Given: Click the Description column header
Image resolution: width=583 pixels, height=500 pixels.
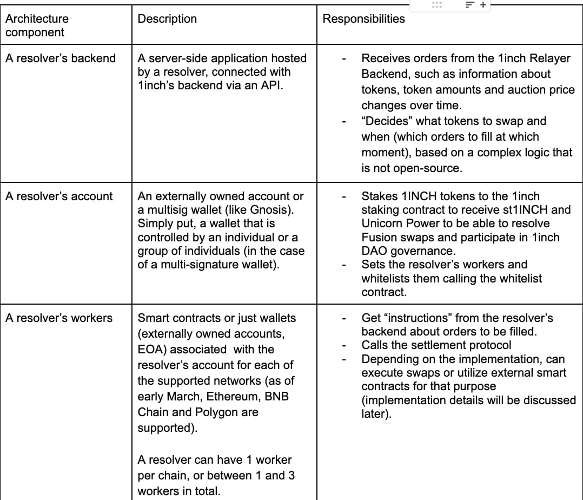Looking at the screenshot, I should [x=167, y=19].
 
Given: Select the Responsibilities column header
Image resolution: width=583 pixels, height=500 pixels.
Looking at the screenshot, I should [x=363, y=19].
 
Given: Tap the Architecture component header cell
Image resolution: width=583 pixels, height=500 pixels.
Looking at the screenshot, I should [x=37, y=25].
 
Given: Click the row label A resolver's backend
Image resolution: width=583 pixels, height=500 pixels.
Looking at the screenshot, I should [x=60, y=58].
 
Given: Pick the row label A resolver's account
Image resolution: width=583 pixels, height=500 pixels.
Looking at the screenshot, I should [x=59, y=196].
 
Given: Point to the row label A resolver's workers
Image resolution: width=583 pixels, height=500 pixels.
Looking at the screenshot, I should [x=59, y=318].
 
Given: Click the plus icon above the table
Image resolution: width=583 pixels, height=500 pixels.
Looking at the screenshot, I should [x=483, y=5].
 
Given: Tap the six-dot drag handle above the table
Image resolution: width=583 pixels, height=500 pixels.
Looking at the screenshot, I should [x=436, y=5].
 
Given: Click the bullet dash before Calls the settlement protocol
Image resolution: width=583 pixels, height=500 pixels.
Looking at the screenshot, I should [x=344, y=345].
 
